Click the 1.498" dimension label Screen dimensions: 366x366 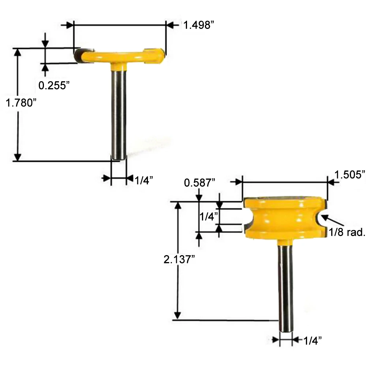[198, 25]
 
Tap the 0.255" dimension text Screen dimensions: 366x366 [54, 85]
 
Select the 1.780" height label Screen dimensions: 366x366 [21, 103]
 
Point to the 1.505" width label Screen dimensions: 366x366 [350, 175]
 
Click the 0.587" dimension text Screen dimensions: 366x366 [199, 183]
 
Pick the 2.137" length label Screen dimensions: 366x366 [179, 259]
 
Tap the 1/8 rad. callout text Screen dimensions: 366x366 [347, 232]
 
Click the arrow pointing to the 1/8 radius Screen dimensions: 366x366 [332, 220]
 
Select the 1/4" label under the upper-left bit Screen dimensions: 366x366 [144, 180]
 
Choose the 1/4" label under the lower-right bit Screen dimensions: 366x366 [313, 341]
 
